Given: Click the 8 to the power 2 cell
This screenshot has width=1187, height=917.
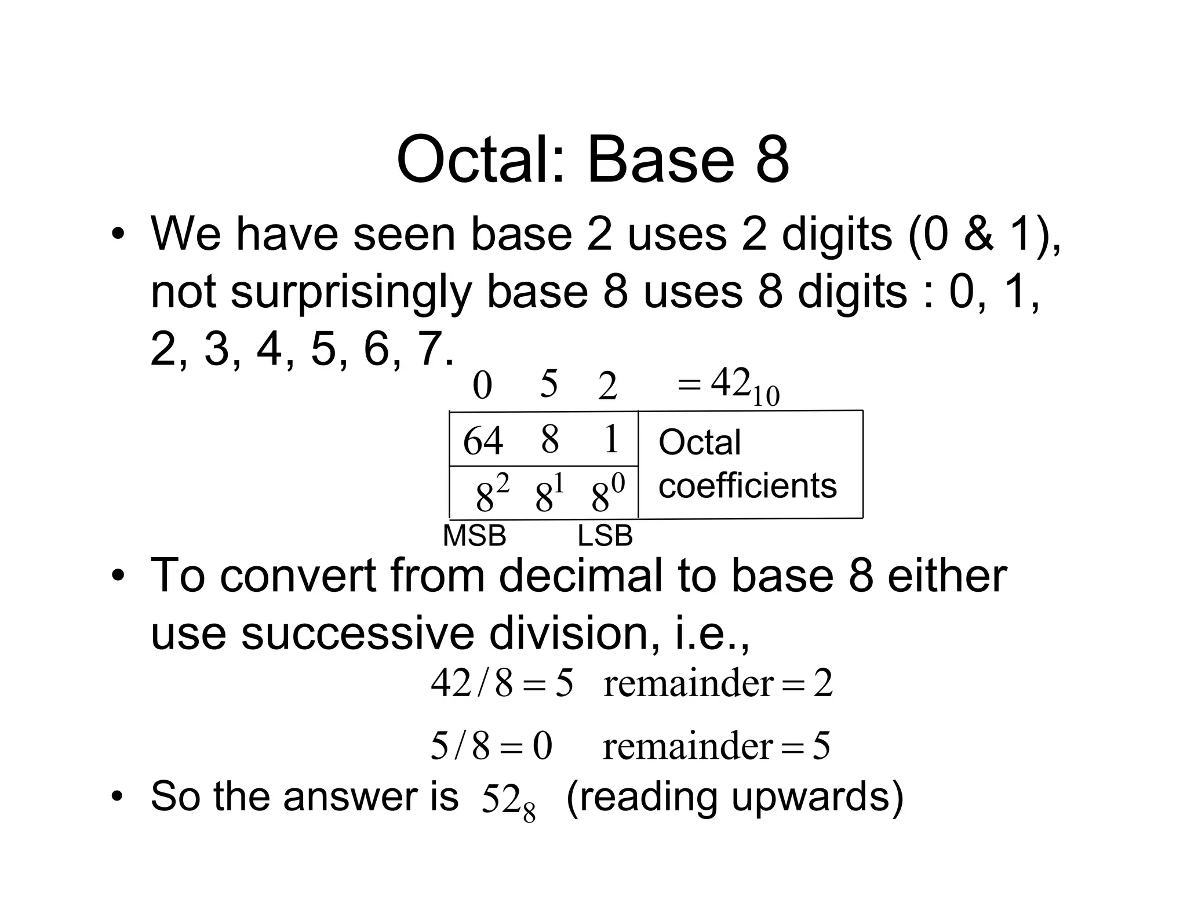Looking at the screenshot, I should pyautogui.click(x=491, y=494).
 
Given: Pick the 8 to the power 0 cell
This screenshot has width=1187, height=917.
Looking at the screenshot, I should pyautogui.click(x=607, y=494).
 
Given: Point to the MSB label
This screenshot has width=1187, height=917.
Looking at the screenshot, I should pyautogui.click(x=474, y=536).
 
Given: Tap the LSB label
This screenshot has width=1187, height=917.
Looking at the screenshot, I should pyautogui.click(x=605, y=536).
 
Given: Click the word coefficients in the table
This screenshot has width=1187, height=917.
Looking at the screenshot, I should pyautogui.click(x=747, y=485).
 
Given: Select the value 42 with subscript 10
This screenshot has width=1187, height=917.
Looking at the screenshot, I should pyautogui.click(x=744, y=385).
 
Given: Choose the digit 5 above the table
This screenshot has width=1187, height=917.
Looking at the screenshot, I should pyautogui.click(x=548, y=384).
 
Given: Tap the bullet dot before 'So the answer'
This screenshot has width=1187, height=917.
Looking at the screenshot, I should pyautogui.click(x=118, y=797).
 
